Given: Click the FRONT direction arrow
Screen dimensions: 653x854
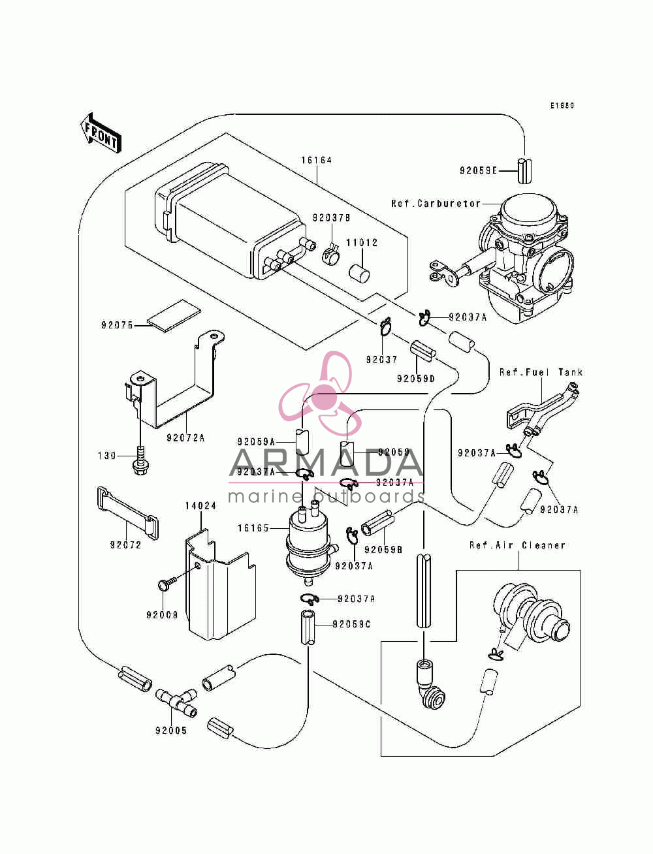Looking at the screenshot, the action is pyautogui.click(x=101, y=133).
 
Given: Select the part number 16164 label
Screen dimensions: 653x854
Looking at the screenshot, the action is pyautogui.click(x=317, y=161).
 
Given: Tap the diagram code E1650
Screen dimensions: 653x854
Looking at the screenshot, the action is pyautogui.click(x=562, y=106).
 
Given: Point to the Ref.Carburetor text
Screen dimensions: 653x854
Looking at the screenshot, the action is pyautogui.click(x=436, y=204).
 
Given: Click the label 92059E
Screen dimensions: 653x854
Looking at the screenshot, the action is pyautogui.click(x=478, y=170).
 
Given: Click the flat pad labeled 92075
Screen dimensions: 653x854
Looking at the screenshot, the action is pyautogui.click(x=174, y=315).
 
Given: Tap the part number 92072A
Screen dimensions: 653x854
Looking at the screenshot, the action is pyautogui.click(x=185, y=437).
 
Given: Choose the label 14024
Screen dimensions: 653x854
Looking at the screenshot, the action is pyautogui.click(x=200, y=506).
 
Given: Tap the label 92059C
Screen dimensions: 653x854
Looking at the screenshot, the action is pyautogui.click(x=351, y=624).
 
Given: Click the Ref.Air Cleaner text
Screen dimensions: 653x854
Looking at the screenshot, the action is pyautogui.click(x=517, y=545).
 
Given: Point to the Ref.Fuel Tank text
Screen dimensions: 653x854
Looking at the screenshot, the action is pyautogui.click(x=541, y=372).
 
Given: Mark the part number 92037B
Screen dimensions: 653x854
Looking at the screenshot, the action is pyautogui.click(x=331, y=218).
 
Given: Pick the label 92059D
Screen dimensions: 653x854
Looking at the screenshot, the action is pyautogui.click(x=415, y=379).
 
